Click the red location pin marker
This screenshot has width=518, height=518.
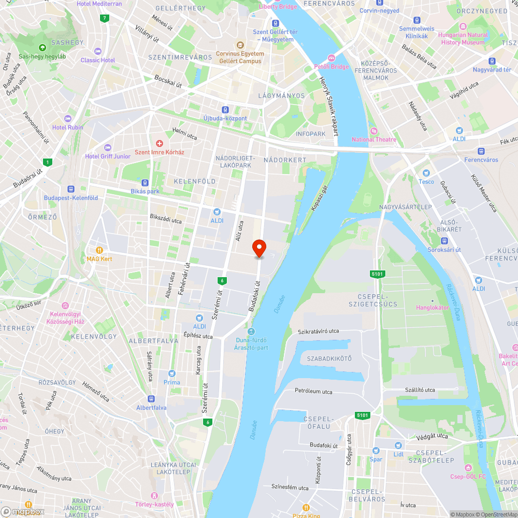point(259,248)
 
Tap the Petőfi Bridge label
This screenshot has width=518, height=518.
point(332,67)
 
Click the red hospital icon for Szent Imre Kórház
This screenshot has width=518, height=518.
point(160,143)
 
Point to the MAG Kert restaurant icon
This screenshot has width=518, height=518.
point(99,250)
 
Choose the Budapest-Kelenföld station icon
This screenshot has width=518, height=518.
point(71,189)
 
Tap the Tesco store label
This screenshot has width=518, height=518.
point(426,181)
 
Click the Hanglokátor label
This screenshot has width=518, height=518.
point(433,307)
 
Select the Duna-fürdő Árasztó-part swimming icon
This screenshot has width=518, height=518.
point(251,332)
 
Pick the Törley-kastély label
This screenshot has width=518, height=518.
point(154,504)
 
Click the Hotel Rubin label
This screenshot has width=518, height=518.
point(67,127)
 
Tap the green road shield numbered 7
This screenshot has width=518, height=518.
point(105,18)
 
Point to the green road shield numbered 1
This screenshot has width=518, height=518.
point(48,162)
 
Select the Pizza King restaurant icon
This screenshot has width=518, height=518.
point(306,507)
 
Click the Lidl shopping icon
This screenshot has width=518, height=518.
point(398,445)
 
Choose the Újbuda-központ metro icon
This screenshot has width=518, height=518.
point(225,110)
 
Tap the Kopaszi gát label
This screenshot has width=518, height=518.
point(320,199)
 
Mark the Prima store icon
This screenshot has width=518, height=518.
point(172,373)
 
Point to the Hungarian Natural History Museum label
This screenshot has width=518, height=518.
point(463,39)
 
